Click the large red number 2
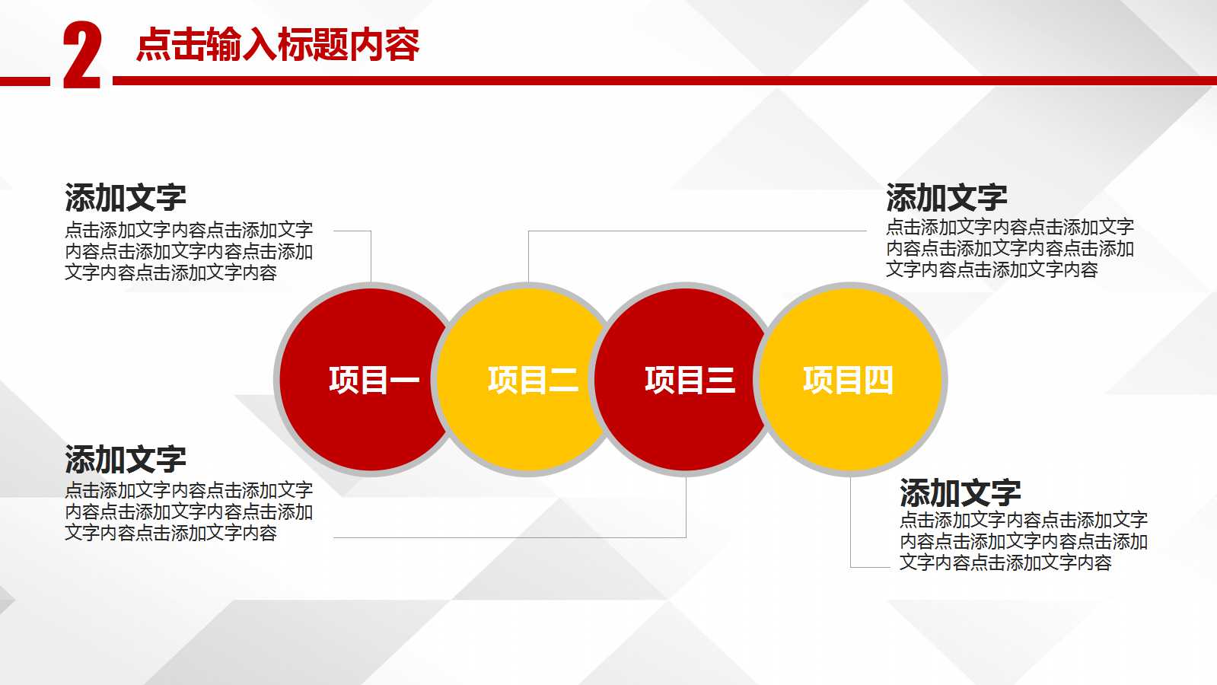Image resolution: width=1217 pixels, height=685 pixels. coord(81,55)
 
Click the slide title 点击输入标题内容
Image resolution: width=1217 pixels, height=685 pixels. coord(278,44)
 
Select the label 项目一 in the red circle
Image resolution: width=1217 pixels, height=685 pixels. coord(374,380)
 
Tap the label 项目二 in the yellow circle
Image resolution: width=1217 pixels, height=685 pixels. coord(533,380)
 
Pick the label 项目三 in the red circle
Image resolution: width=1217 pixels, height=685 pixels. coord(690,380)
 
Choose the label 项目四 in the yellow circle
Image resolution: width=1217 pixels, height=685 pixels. coord(848,380)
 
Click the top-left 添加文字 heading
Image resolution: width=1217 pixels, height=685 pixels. coord(126,198)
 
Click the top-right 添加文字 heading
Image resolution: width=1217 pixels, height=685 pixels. coord(946,198)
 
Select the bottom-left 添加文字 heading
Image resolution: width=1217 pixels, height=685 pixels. coord(126,460)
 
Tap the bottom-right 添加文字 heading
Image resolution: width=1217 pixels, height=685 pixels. coord(960,493)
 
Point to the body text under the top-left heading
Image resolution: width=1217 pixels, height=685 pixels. coord(188,251)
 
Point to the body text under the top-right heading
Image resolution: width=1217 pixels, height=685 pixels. coord(1009,248)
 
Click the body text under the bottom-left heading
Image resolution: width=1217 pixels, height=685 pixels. coord(188,511)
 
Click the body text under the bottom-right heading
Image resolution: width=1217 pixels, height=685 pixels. coord(1023,541)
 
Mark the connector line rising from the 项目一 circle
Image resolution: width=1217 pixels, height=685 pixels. coord(371,255)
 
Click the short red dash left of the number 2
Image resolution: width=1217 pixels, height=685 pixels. coord(24,81)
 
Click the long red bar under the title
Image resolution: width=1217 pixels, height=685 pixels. coord(662,80)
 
